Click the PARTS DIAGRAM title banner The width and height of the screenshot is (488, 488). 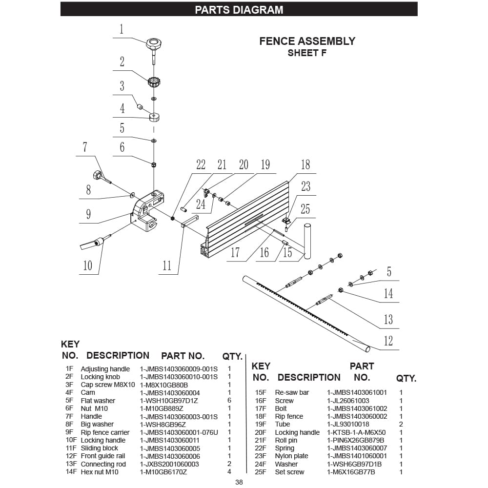[x=239, y=10]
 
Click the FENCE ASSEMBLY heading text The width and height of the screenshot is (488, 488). [x=307, y=41]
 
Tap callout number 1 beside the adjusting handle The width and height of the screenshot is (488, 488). [x=121, y=29]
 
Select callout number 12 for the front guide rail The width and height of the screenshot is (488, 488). [x=388, y=340]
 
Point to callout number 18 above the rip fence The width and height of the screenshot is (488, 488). [x=305, y=164]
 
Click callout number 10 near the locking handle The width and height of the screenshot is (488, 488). [x=87, y=265]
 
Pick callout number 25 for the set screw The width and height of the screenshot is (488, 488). [x=305, y=209]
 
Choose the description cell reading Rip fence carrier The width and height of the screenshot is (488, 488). [x=105, y=432]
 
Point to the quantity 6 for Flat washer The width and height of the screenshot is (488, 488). [x=229, y=401]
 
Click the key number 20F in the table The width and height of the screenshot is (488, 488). [x=261, y=432]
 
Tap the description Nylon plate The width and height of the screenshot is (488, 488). [x=291, y=456]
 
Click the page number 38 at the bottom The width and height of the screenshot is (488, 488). [x=239, y=482]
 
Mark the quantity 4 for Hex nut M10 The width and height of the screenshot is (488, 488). [x=229, y=472]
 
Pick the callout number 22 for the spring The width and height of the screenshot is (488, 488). [x=201, y=164]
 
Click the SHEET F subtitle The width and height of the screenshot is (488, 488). [x=307, y=53]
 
